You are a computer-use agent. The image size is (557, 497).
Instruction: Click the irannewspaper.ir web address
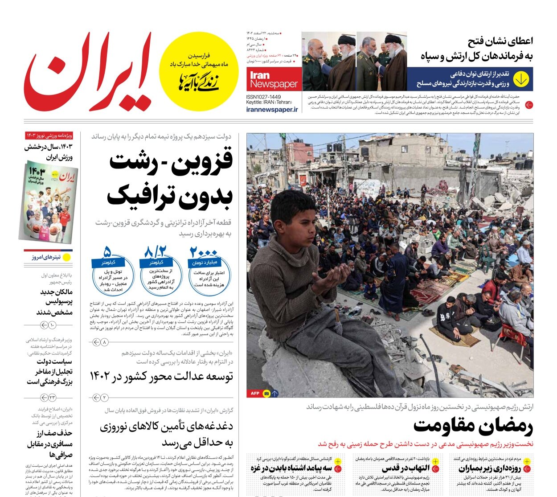pyautogui.click(x=272, y=110)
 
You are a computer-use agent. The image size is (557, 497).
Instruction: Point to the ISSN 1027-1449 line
pyautogui.click(x=264, y=97)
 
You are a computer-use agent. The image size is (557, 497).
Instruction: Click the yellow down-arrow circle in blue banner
pyautogui.click(x=520, y=79)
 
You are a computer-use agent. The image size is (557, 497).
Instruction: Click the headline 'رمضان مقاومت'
pyautogui.click(x=473, y=427)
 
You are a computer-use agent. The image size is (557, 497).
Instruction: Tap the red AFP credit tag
pyautogui.click(x=254, y=393)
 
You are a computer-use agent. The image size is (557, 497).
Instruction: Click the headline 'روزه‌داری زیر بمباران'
pyautogui.click(x=490, y=468)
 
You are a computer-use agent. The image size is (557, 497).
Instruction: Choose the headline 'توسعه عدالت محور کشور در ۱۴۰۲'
pyautogui.click(x=161, y=377)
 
